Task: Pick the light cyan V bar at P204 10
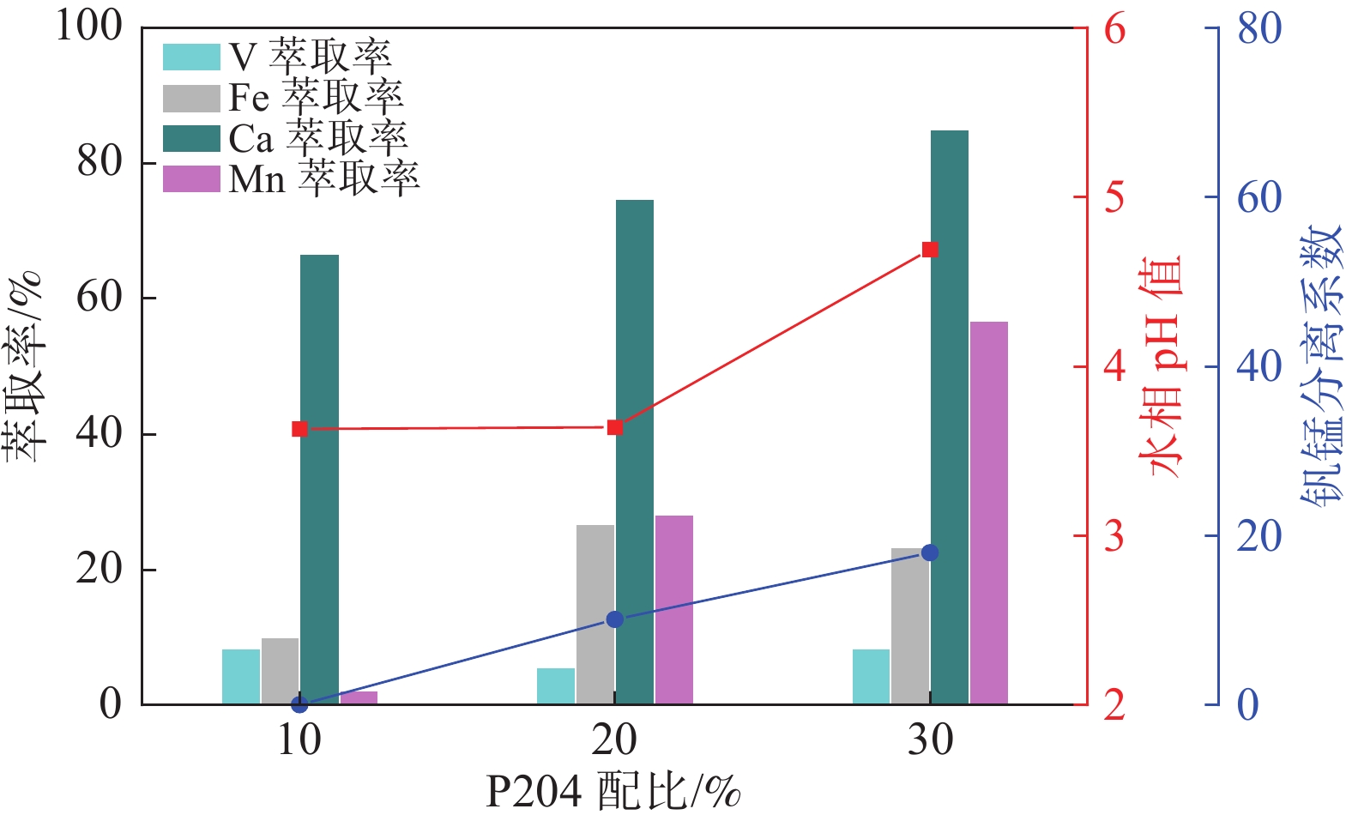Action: [x=240, y=677]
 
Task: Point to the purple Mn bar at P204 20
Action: [x=673, y=610]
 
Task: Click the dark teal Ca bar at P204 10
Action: [x=319, y=480]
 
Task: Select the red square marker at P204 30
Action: [x=930, y=250]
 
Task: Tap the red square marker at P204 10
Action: [x=299, y=429]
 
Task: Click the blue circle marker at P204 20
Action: [x=614, y=619]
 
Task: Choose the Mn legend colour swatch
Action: [x=191, y=178]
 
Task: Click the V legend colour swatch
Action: [x=191, y=57]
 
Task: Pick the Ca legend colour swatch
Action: [x=191, y=138]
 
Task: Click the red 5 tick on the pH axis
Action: [x=1114, y=197]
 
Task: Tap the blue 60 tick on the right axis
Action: [x=1258, y=197]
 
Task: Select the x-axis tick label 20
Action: [x=614, y=740]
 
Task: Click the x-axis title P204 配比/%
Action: [x=613, y=792]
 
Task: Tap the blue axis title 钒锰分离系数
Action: [x=1320, y=366]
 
